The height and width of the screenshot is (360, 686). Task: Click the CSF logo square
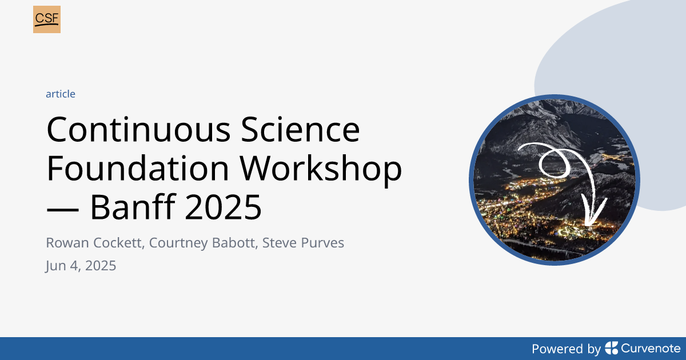47,19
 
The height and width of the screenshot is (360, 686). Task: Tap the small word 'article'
61,94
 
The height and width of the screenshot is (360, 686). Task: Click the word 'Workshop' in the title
321,170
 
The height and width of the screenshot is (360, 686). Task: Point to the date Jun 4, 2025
81,266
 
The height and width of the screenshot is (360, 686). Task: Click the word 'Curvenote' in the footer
651,348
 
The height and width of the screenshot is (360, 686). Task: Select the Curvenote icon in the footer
612,348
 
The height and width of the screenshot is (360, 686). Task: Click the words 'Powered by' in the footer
566,349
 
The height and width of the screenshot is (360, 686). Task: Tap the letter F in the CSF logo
55,18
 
